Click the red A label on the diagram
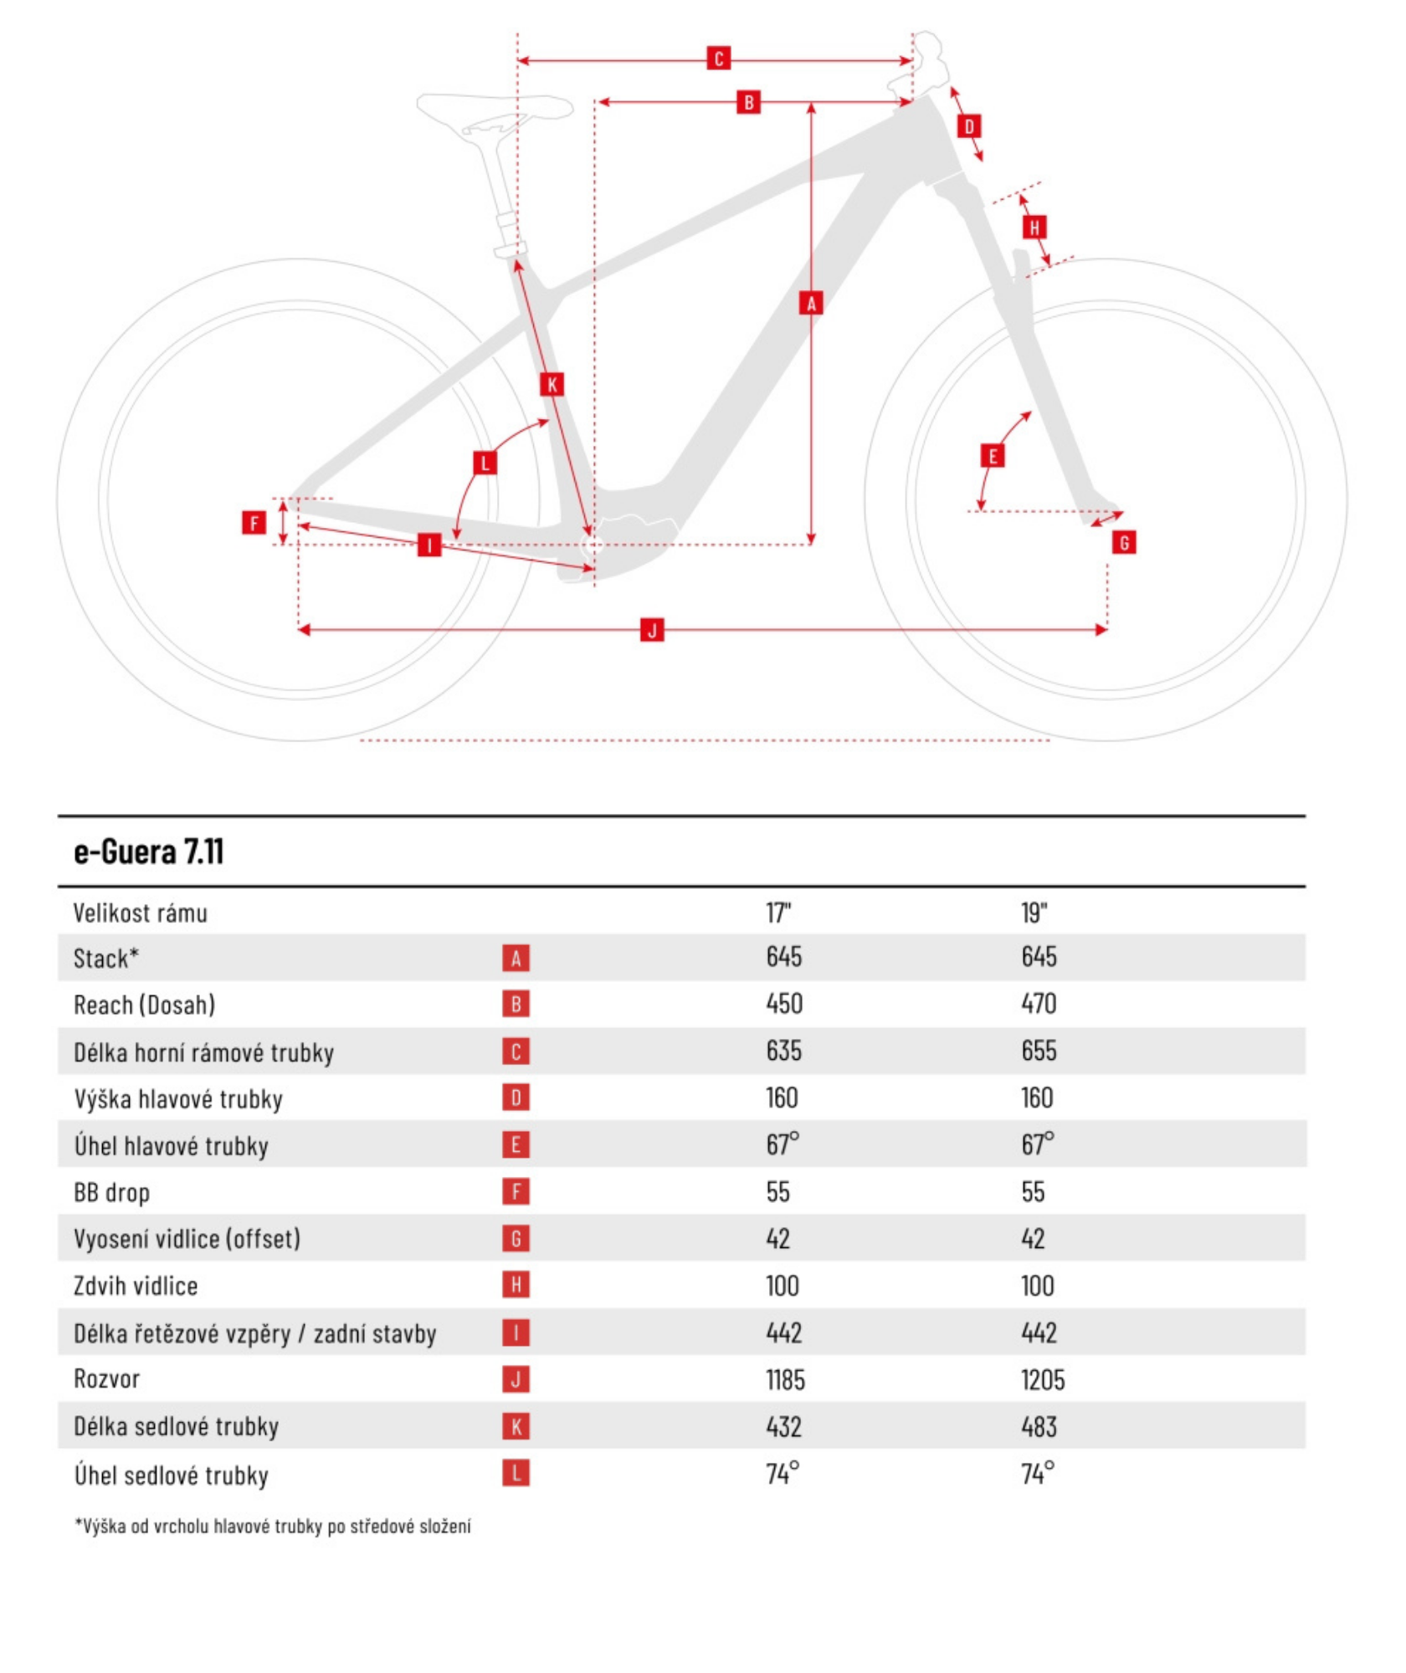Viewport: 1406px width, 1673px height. click(x=810, y=303)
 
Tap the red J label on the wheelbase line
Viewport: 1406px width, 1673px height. click(x=652, y=630)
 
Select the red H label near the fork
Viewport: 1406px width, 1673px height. click(x=1034, y=227)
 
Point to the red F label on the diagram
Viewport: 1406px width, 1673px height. click(x=254, y=523)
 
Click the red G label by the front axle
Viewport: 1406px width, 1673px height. click(x=1124, y=542)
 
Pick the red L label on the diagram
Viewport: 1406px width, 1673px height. click(x=485, y=463)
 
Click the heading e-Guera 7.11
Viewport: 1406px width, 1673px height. click(x=149, y=852)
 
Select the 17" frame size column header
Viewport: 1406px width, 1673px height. click(x=778, y=912)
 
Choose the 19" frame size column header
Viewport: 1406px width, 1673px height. click(x=1034, y=912)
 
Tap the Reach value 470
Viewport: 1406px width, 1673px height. click(x=1039, y=1003)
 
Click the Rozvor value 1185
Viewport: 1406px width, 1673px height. click(x=785, y=1379)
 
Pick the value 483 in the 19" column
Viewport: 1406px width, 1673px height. click(x=1039, y=1426)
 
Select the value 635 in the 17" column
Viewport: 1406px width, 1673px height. click(x=783, y=1050)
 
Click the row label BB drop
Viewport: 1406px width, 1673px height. click(x=111, y=1192)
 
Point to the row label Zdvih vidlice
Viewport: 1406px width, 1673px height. click(x=136, y=1286)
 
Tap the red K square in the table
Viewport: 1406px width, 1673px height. click(x=516, y=1426)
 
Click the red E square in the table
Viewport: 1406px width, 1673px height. click(x=516, y=1144)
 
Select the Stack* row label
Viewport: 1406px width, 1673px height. click(x=105, y=958)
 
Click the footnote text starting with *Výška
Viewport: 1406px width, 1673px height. click(x=272, y=1527)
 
